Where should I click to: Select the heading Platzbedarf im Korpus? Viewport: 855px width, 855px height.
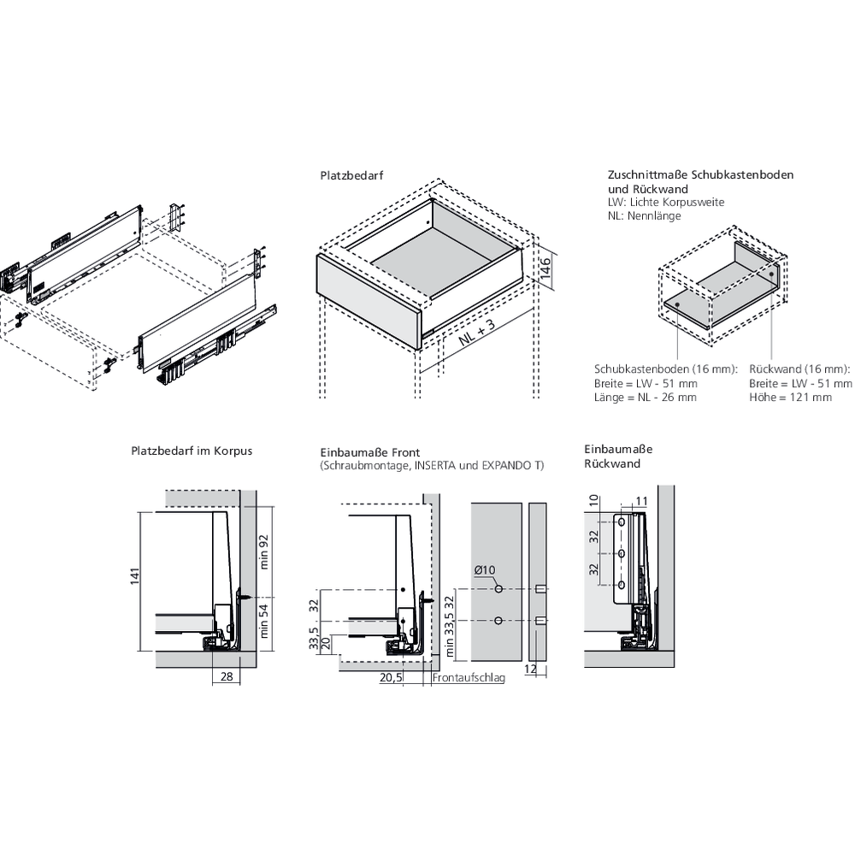coord(192,450)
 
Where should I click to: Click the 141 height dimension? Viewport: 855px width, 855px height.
coord(134,577)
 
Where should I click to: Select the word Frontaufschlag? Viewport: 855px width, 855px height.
coord(469,677)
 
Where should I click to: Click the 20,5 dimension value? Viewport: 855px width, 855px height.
coord(392,677)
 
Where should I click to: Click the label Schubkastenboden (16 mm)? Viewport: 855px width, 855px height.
coord(664,369)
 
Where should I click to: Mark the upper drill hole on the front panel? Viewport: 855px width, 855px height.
coord(498,590)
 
